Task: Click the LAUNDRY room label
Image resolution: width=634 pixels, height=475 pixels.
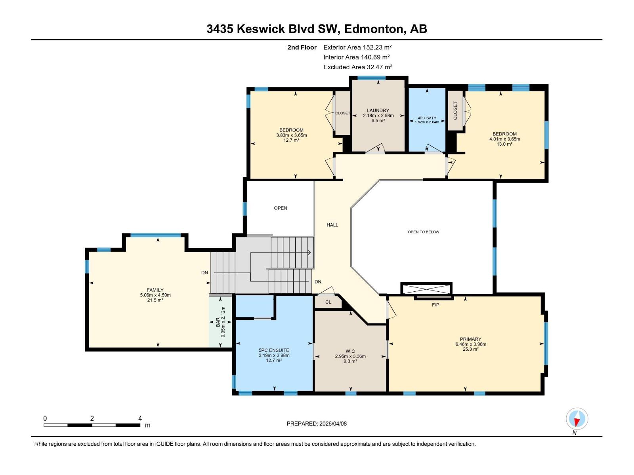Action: click(x=378, y=110)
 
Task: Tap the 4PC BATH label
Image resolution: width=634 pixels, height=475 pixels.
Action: click(x=427, y=118)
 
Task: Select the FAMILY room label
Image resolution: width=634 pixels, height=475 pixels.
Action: click(x=155, y=290)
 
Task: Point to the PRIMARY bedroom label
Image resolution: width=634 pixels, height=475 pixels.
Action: click(x=470, y=339)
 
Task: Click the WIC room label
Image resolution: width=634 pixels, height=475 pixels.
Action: click(x=350, y=351)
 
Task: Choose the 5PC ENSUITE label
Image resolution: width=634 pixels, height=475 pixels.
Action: click(x=274, y=350)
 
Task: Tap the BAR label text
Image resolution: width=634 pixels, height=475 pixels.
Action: click(x=218, y=322)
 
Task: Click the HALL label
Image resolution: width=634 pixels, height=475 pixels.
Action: click(x=332, y=225)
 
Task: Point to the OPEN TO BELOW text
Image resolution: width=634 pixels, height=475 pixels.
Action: click(x=424, y=232)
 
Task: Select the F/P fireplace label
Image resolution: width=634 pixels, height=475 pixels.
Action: click(x=435, y=305)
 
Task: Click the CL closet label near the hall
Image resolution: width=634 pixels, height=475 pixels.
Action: click(x=328, y=302)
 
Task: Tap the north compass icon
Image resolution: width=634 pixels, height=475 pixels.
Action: click(x=577, y=418)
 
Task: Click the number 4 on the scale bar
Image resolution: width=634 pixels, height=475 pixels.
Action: click(x=140, y=418)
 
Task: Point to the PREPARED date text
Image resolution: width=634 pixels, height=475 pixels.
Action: click(x=317, y=424)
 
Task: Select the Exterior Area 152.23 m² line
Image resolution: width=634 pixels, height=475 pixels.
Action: click(x=357, y=47)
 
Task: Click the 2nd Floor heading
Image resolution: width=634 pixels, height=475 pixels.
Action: click(x=302, y=47)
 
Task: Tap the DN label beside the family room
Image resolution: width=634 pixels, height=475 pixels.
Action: click(x=204, y=273)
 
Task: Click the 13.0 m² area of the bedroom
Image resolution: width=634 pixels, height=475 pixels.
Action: click(x=504, y=144)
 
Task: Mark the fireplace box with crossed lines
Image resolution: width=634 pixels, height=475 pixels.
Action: click(x=426, y=289)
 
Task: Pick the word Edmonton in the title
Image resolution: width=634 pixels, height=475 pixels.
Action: click(x=374, y=29)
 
